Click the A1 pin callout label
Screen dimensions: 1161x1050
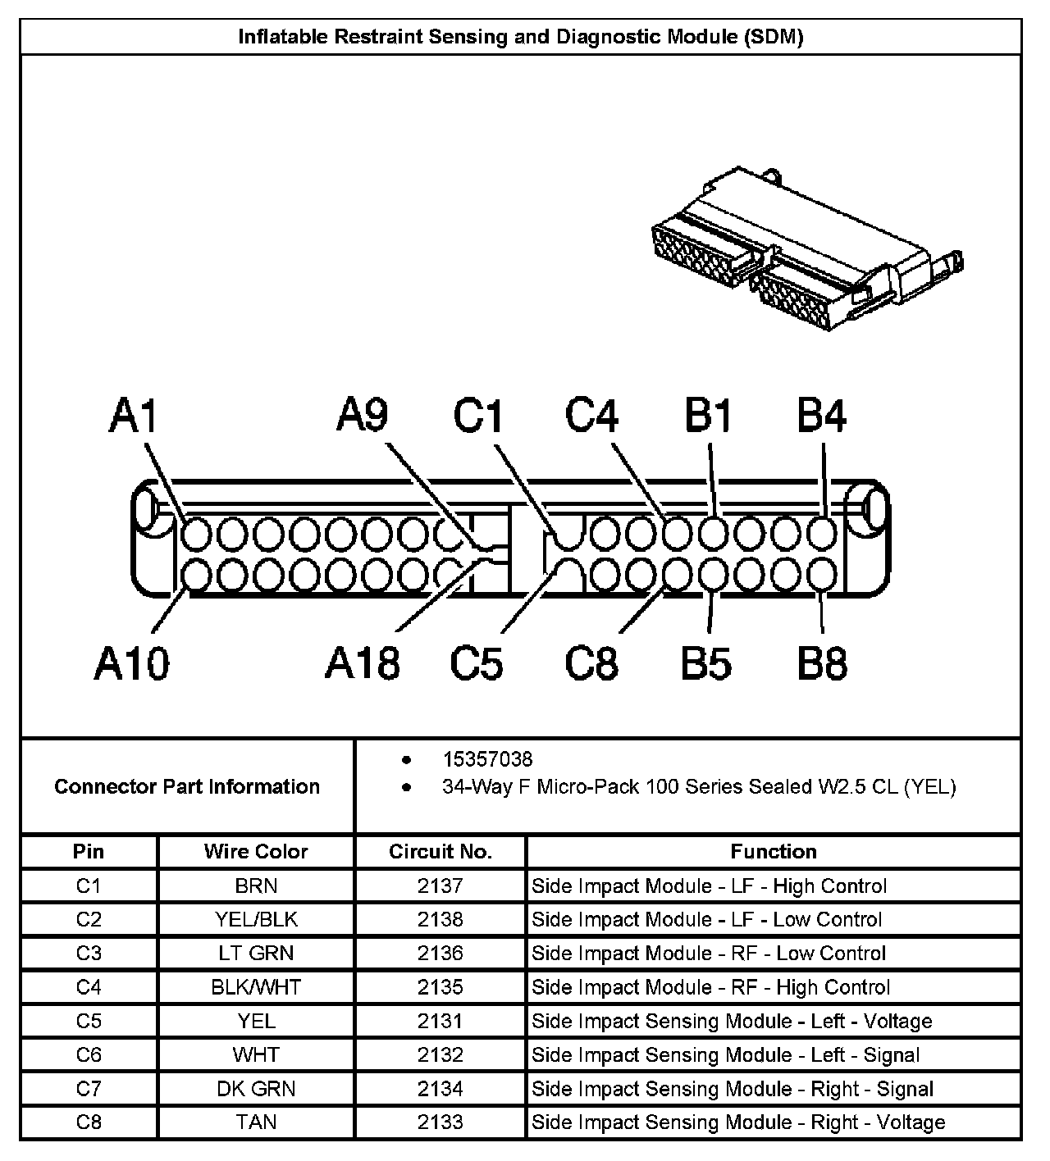[133, 417]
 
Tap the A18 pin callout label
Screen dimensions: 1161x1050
[362, 662]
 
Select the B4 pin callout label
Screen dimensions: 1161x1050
[822, 417]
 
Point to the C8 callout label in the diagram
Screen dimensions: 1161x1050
[591, 662]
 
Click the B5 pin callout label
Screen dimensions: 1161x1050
[706, 662]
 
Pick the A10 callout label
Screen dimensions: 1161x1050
[131, 662]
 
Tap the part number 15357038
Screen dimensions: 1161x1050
[487, 759]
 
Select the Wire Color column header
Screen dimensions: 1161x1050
[256, 852]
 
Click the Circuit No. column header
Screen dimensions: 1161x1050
[441, 852]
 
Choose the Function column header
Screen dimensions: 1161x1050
[774, 852]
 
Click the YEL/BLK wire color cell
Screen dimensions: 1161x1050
[256, 920]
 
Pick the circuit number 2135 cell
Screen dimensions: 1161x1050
[441, 987]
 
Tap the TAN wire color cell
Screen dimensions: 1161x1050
[256, 1122]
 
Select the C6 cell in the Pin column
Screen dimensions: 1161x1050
[89, 1055]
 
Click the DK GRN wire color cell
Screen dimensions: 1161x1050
[256, 1089]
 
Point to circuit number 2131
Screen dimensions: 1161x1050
[441, 1022]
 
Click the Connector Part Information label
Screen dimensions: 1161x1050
[187, 787]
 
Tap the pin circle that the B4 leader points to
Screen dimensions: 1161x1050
[821, 535]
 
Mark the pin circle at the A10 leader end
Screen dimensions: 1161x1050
[196, 574]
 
